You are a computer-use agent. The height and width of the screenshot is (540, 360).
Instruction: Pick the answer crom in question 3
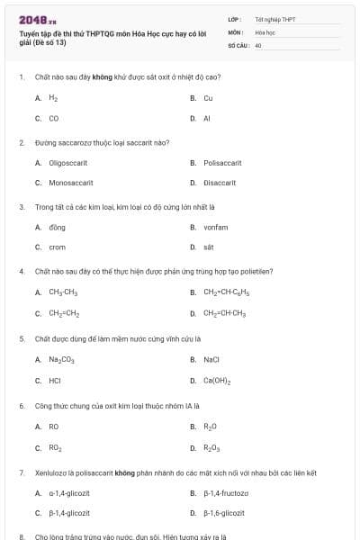tap(57, 247)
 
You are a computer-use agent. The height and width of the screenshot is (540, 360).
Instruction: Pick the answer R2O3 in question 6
tap(211, 447)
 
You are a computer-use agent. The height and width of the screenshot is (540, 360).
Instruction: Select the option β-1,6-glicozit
tap(224, 513)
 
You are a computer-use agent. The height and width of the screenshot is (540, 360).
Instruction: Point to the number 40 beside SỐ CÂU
tap(258, 44)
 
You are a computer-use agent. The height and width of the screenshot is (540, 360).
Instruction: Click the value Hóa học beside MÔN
tap(264, 31)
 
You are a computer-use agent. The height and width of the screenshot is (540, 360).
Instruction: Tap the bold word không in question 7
tap(124, 472)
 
